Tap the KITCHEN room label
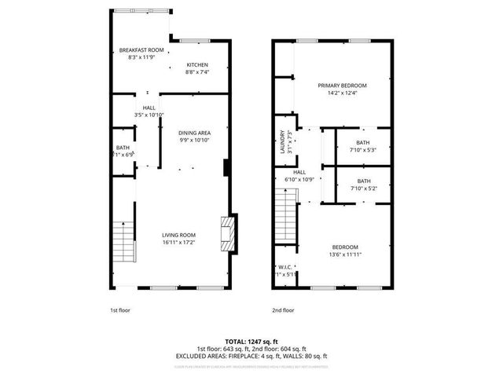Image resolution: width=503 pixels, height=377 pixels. pyautogui.click(x=196, y=64)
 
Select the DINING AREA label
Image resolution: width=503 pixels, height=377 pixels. pyautogui.click(x=194, y=133)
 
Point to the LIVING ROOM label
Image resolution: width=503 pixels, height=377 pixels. pyautogui.click(x=179, y=235)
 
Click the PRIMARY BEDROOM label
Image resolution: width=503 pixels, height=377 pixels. pyautogui.click(x=342, y=85)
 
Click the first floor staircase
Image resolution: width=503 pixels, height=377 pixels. pyautogui.click(x=122, y=243)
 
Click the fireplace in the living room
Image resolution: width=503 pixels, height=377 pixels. pyautogui.click(x=228, y=234)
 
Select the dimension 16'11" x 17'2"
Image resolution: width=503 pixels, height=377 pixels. pyautogui.click(x=179, y=242)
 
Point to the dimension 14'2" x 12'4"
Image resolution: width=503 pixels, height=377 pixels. pyautogui.click(x=342, y=93)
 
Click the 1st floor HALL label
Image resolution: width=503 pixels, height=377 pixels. pyautogui.click(x=149, y=108)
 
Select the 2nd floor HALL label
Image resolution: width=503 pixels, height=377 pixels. pyautogui.click(x=299, y=172)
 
